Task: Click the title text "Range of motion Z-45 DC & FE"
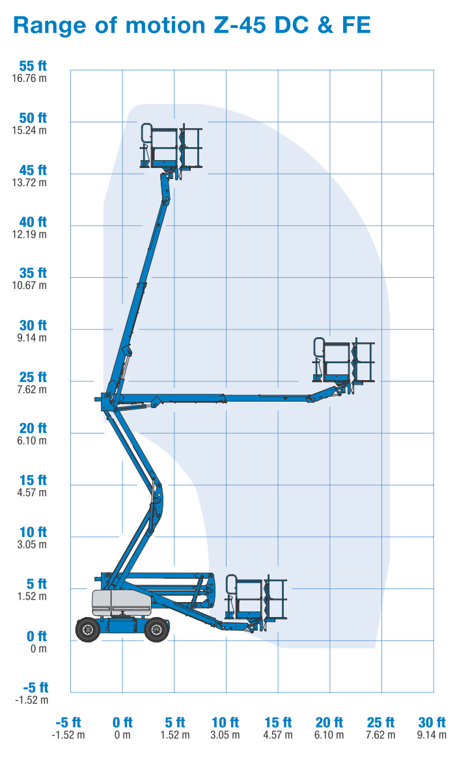click(192, 25)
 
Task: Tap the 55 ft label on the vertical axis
click(33, 66)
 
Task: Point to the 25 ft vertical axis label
click(33, 378)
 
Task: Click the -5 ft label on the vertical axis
click(33, 688)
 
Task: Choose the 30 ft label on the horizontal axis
click(432, 723)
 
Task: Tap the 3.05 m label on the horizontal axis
click(226, 735)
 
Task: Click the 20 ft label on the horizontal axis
click(329, 723)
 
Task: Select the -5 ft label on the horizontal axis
click(68, 723)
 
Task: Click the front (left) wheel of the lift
click(88, 629)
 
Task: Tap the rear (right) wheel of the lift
click(156, 629)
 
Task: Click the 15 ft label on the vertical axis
click(33, 480)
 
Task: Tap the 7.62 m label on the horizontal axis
click(381, 735)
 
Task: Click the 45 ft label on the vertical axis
click(33, 171)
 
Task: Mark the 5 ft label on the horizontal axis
click(174, 723)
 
